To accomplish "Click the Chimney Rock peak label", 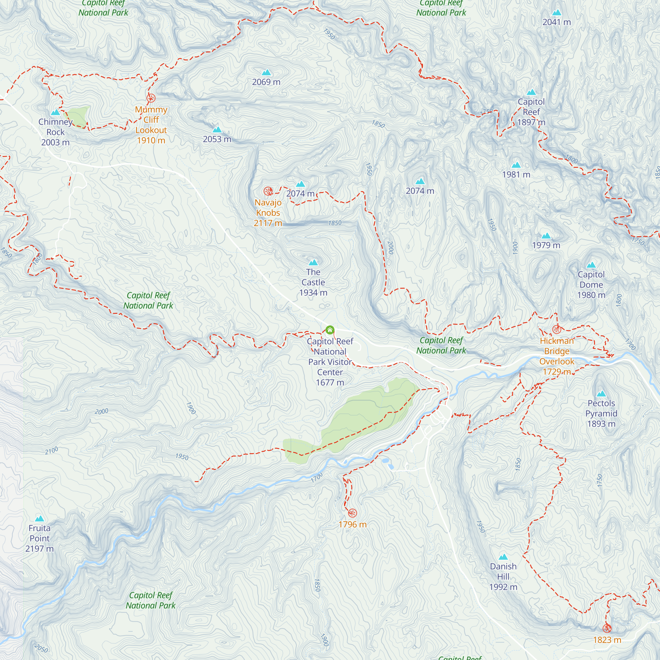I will click(55, 132).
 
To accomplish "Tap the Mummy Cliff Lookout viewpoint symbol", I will click(151, 98).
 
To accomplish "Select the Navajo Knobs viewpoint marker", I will click(268, 191).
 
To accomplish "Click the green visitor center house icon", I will click(330, 330).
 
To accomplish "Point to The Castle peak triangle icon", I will click(313, 262).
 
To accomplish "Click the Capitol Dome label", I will click(591, 284).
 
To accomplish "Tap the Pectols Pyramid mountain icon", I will click(601, 394).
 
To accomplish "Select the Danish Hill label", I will click(503, 577).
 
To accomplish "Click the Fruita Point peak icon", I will click(40, 518).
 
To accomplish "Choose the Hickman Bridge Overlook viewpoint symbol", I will click(556, 330).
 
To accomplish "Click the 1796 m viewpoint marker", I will click(352, 513).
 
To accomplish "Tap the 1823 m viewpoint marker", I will click(607, 629).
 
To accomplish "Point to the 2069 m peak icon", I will click(266, 72).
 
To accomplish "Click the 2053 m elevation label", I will click(217, 139).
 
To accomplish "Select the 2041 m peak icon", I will click(556, 13).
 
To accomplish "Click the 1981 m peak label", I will click(516, 175).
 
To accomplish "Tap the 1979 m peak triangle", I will click(546, 236).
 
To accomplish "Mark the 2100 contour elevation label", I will click(51, 450).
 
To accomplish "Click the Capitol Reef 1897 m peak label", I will click(531, 112).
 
